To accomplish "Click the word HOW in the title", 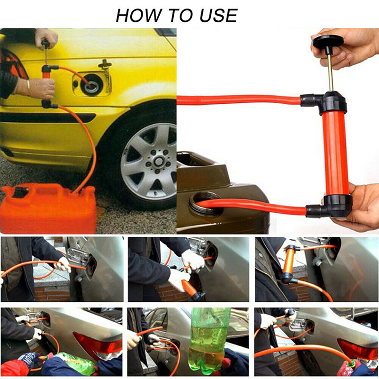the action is coord(137,16).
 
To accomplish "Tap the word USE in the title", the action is coord(218,16).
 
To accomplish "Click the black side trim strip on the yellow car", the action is coord(48,117).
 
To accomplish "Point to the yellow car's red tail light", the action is coord(12,64).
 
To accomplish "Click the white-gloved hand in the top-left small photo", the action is coord(63,265).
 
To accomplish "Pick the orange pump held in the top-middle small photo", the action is coord(191,289).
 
